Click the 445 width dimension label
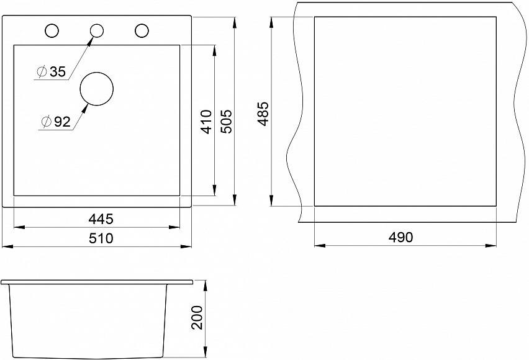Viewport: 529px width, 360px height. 101,219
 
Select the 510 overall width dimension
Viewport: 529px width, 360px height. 101,238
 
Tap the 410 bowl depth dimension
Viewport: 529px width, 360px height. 206,122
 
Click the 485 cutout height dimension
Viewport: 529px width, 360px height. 263,114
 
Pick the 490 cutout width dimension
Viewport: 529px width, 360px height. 400,238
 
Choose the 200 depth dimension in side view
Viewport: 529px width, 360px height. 197,318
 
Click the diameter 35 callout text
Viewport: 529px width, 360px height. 52,71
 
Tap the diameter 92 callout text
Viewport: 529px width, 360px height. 56,122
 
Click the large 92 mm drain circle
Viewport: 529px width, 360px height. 96,73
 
